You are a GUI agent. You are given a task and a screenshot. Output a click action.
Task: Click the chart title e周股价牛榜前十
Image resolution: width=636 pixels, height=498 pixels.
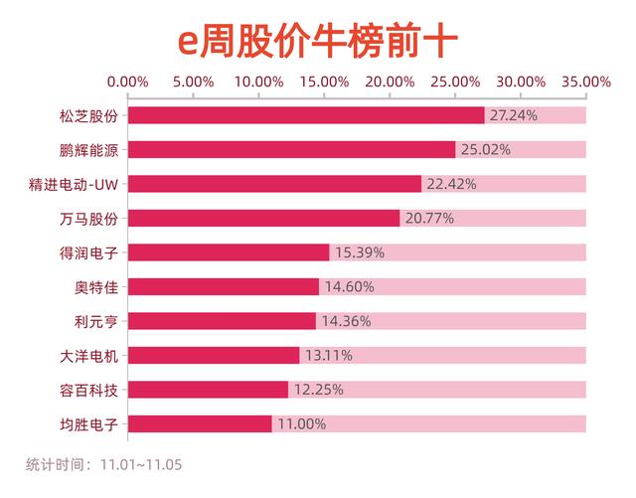point(317,42)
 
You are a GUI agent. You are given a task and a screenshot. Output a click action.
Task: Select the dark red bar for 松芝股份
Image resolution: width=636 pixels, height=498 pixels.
point(306,115)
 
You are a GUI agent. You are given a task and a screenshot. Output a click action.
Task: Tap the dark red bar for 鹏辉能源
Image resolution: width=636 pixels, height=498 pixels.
point(292,150)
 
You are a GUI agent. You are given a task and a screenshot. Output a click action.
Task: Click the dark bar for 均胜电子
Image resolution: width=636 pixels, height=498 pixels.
point(200,423)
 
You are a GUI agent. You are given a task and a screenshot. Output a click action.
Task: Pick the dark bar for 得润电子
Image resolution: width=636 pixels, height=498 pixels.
point(229,252)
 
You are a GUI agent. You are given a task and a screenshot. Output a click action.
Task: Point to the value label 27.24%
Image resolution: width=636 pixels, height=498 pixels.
point(514,115)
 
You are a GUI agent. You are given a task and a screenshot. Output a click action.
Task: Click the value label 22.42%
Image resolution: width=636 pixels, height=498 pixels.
point(451,184)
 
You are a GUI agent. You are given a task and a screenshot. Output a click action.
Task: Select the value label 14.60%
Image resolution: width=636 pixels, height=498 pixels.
point(348,286)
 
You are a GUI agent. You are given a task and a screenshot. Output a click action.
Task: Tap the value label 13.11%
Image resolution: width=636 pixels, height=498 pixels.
point(328,355)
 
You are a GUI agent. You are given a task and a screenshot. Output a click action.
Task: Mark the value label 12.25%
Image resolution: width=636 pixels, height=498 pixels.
point(317,390)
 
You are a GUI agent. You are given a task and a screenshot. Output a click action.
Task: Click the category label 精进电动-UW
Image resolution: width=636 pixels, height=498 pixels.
point(75,184)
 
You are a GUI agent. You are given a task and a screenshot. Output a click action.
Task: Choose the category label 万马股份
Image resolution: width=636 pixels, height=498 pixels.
point(88,219)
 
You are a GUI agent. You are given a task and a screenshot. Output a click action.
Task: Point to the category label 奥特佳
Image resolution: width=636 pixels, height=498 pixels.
point(95,286)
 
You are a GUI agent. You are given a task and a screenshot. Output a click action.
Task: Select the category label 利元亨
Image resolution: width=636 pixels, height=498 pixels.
point(95,321)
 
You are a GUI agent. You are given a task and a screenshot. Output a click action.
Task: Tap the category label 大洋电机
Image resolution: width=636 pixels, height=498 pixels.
point(88,355)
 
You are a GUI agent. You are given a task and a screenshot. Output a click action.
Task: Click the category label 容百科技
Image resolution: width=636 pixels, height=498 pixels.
point(88,390)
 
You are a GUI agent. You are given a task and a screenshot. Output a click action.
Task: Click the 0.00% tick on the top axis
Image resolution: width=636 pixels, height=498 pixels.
point(127,81)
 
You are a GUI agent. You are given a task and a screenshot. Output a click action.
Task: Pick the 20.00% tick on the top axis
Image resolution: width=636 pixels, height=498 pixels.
point(390,81)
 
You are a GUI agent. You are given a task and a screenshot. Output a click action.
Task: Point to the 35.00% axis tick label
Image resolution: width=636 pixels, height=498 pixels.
point(585,81)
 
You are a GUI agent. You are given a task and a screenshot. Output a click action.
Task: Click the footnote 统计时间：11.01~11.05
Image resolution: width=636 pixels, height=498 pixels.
point(104,464)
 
